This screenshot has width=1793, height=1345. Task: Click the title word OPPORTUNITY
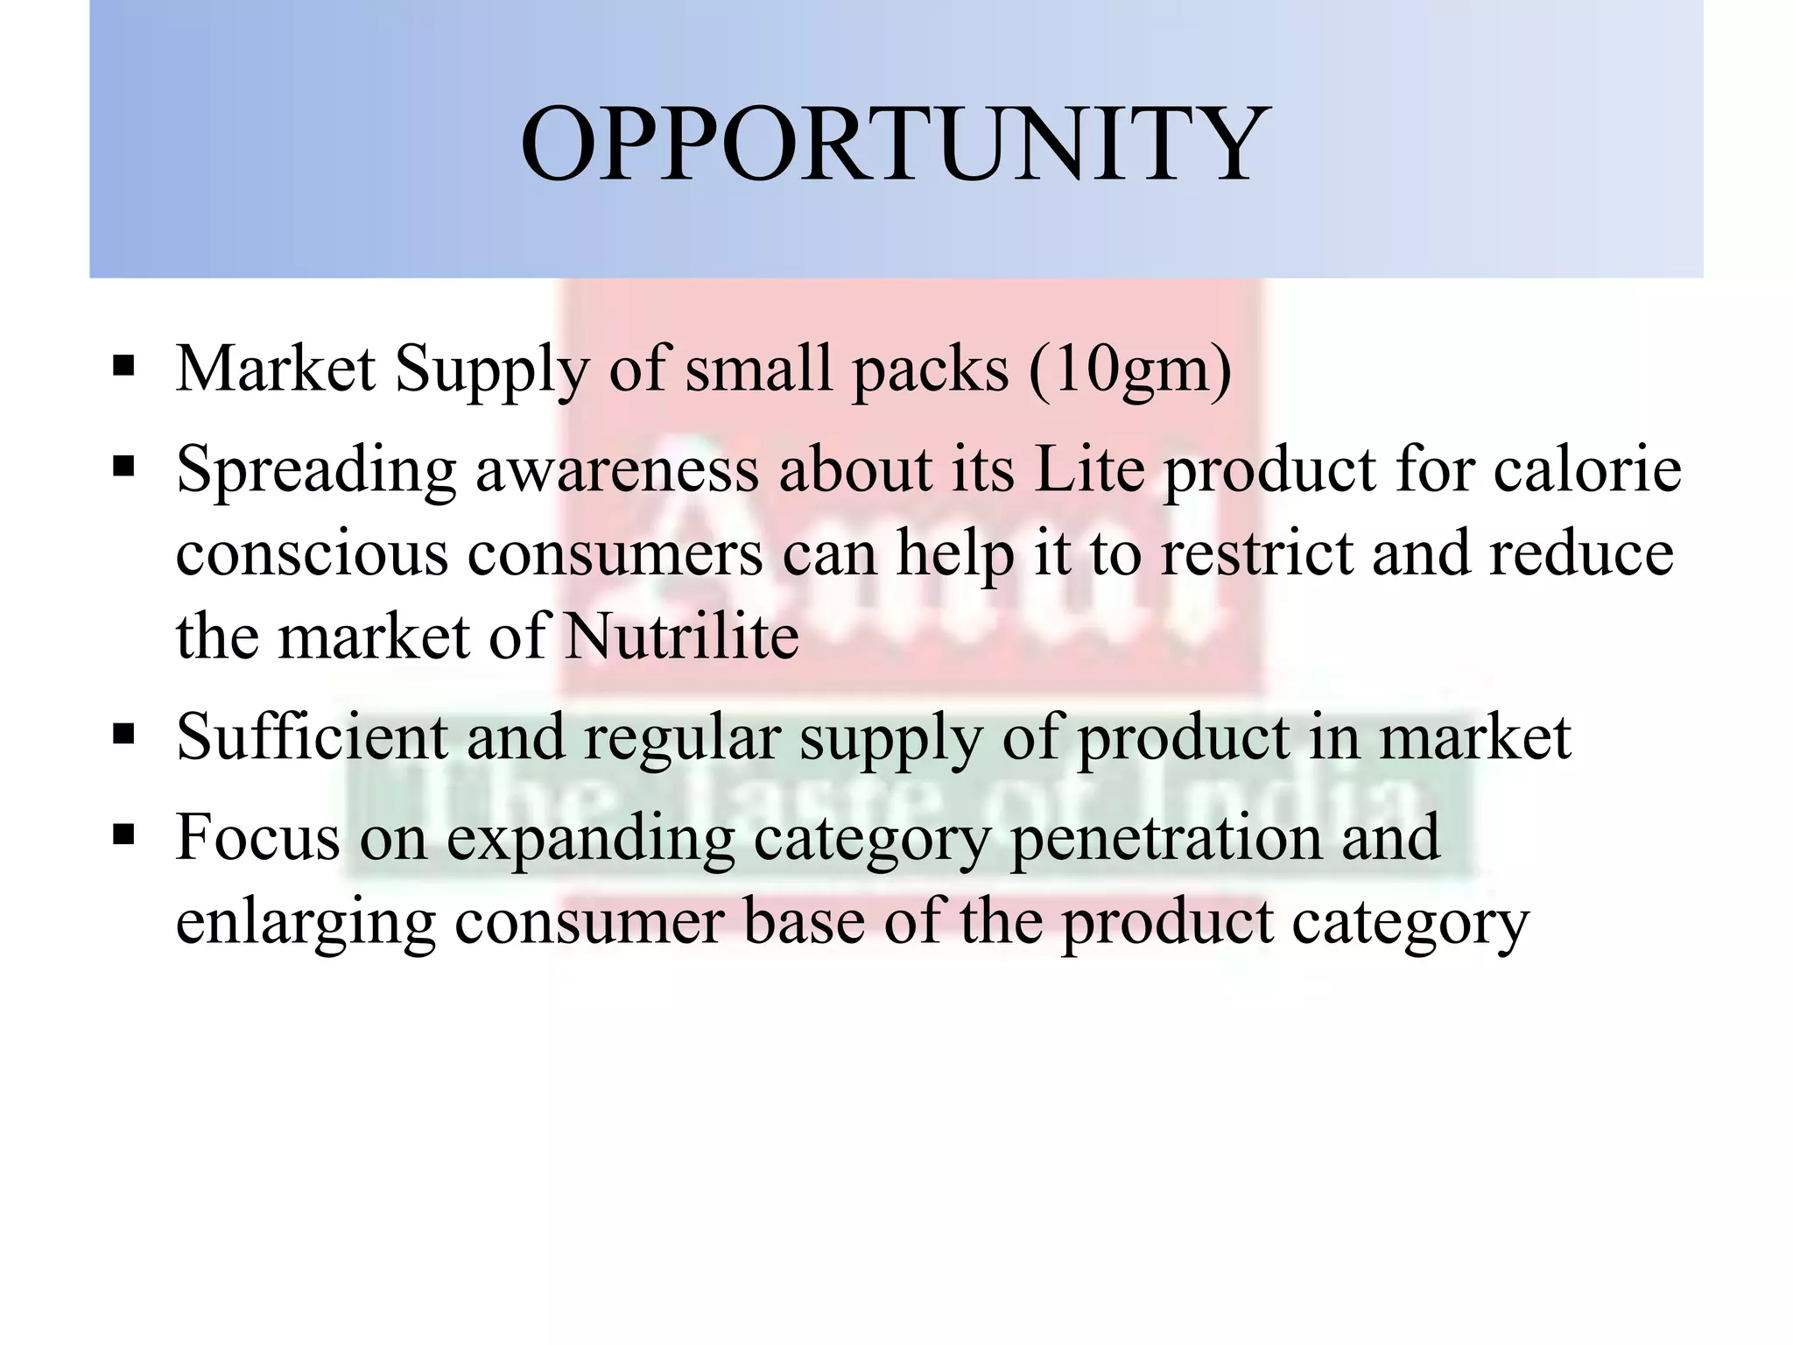(895, 144)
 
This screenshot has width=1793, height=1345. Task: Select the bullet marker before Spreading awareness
(123, 465)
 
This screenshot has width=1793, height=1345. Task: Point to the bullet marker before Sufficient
(123, 733)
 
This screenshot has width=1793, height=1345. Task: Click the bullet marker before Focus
(123, 834)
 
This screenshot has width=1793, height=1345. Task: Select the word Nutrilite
(681, 636)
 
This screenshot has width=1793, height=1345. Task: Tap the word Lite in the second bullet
(1089, 469)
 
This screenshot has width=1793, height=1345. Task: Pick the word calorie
(1586, 469)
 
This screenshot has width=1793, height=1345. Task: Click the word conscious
(312, 553)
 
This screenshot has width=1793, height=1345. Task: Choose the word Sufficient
(312, 736)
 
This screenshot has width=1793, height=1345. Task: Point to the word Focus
(257, 837)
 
